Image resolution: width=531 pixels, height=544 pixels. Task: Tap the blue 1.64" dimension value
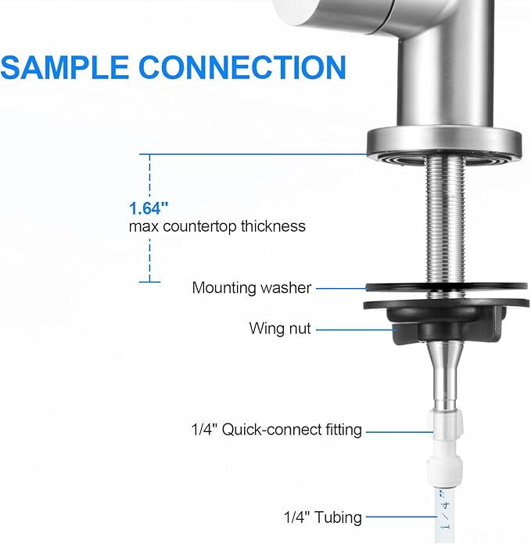(149, 208)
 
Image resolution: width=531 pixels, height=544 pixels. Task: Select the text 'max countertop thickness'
(217, 227)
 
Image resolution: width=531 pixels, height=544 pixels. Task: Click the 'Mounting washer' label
(252, 288)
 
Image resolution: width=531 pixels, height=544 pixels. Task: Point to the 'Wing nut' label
(280, 329)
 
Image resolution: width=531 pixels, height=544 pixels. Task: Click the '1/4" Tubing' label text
(323, 517)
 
